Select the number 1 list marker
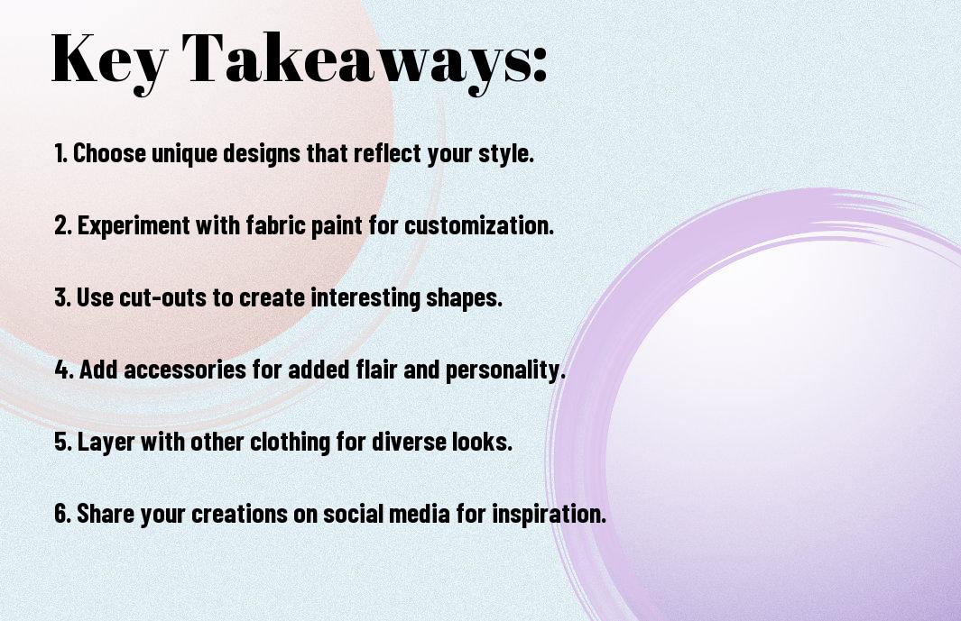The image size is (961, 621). point(60,153)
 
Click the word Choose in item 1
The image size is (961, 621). point(110,153)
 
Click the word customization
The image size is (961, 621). point(479,225)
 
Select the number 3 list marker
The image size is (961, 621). point(62,297)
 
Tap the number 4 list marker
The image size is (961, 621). point(64,370)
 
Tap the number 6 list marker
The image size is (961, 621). point(62,514)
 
